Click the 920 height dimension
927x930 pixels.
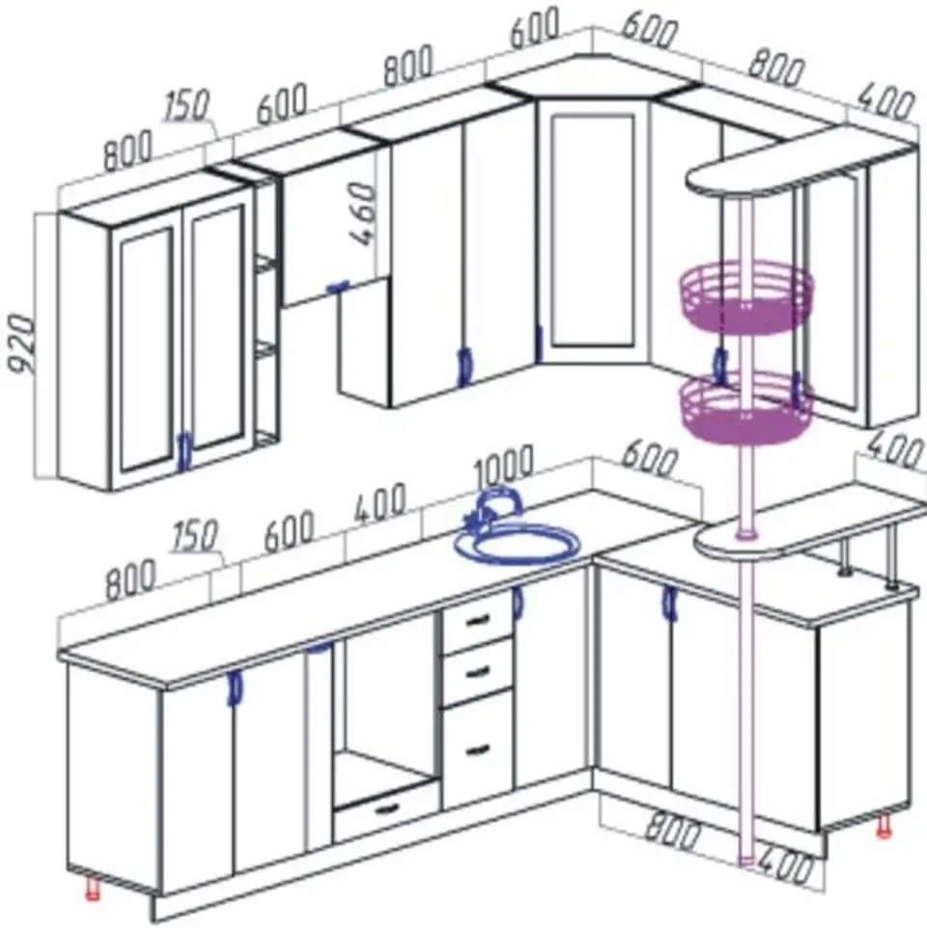click(22, 344)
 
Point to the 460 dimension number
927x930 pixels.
click(362, 214)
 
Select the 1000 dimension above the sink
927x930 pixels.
click(504, 466)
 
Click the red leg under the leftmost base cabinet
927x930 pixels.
click(92, 888)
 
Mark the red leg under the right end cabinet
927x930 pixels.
click(884, 827)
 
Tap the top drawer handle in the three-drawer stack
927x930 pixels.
click(477, 621)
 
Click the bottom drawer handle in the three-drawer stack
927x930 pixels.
click(478, 750)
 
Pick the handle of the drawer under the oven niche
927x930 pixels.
click(386, 808)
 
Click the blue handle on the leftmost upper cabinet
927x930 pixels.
click(185, 450)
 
